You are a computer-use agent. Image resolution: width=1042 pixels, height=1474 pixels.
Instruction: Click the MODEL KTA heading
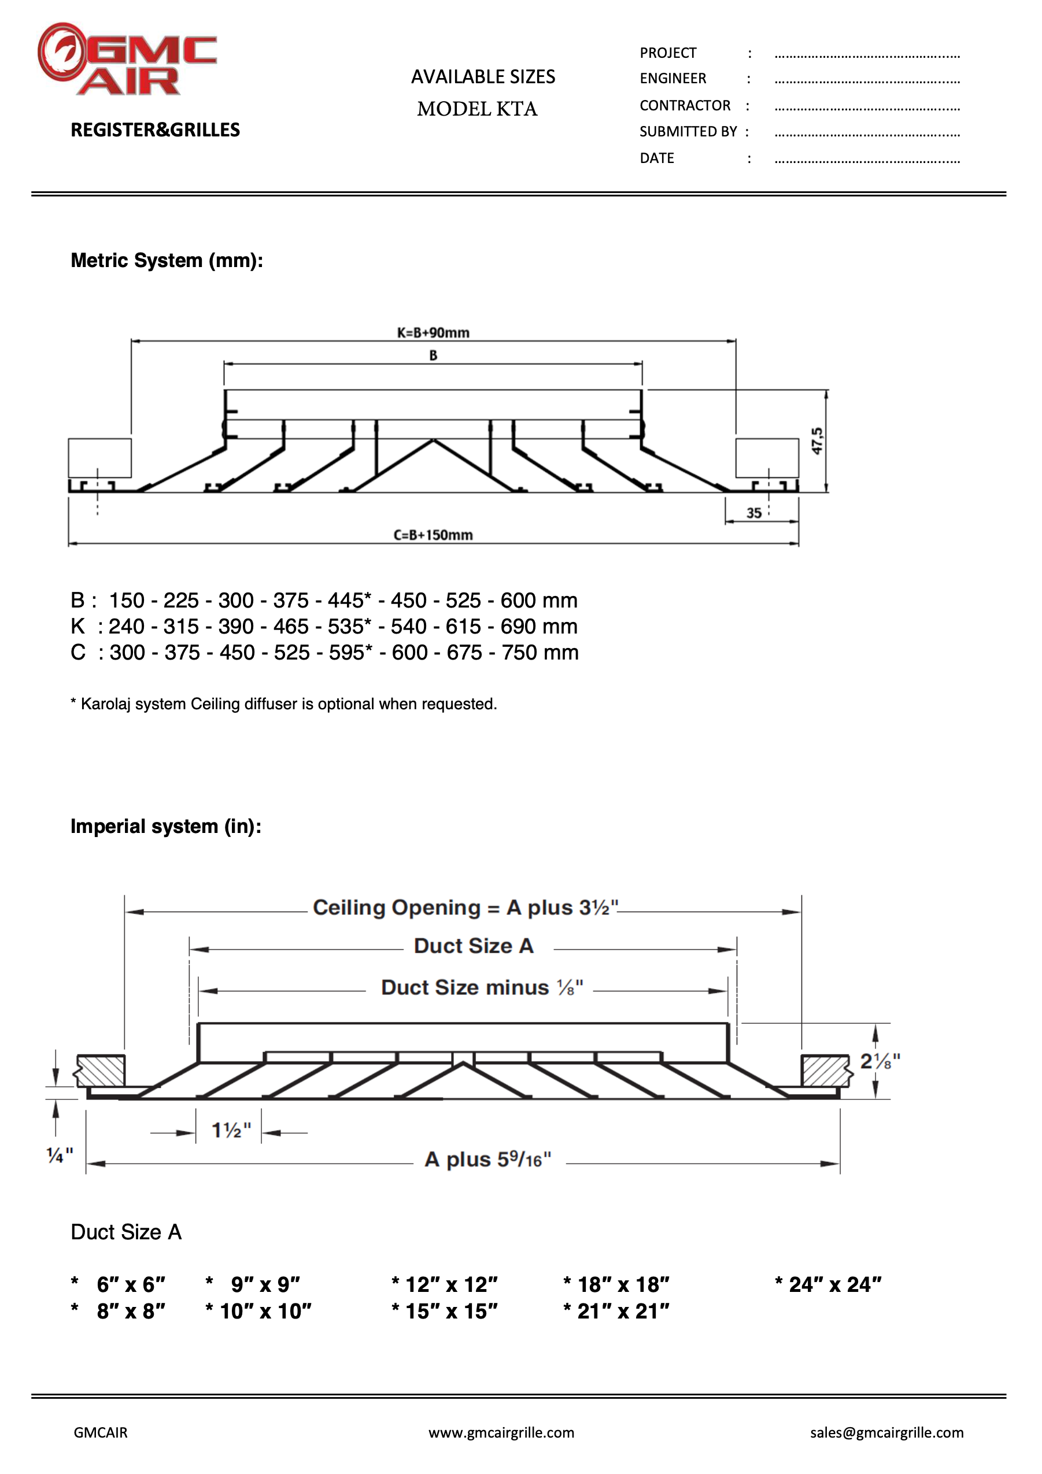click(x=477, y=109)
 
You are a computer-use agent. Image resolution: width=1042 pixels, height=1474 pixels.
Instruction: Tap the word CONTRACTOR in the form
click(x=685, y=105)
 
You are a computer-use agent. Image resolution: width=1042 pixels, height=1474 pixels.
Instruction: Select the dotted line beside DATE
click(x=867, y=160)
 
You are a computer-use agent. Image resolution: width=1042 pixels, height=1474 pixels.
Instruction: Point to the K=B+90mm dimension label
click(x=433, y=332)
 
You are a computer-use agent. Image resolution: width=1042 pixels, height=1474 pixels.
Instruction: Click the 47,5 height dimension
click(x=816, y=441)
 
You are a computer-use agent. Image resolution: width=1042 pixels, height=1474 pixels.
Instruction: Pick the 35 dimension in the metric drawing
click(x=753, y=513)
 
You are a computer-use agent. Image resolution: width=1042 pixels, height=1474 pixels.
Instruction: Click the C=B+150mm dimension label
click(x=433, y=535)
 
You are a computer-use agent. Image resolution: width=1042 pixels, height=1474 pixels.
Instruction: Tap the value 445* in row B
click(x=349, y=600)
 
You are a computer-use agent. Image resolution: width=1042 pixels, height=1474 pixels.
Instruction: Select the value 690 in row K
click(x=519, y=626)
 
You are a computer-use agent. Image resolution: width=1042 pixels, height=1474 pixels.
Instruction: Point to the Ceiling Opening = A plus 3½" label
click(x=465, y=907)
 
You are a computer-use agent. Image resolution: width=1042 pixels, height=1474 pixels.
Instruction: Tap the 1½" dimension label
click(x=231, y=1130)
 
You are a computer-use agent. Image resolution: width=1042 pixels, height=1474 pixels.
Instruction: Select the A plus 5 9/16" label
click(x=488, y=1160)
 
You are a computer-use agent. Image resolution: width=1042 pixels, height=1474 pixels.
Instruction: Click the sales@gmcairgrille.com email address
click(x=886, y=1432)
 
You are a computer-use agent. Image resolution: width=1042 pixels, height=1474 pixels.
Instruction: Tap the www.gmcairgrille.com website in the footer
click(x=501, y=1432)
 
